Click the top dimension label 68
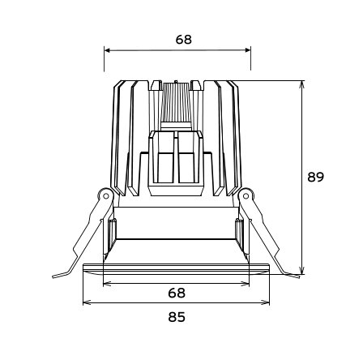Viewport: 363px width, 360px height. point(184,40)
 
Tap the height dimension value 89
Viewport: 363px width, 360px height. point(315,177)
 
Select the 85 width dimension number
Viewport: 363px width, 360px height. point(177,317)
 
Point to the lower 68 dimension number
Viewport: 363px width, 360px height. point(177,293)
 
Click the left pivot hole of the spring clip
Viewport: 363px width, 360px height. point(106,195)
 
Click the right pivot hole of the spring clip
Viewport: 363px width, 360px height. point(246,195)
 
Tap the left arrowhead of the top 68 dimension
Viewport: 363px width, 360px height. point(107,50)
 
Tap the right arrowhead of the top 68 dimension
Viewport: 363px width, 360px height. point(248,50)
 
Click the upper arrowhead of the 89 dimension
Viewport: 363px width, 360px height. point(302,84)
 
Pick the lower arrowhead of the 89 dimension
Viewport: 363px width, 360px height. point(302,271)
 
